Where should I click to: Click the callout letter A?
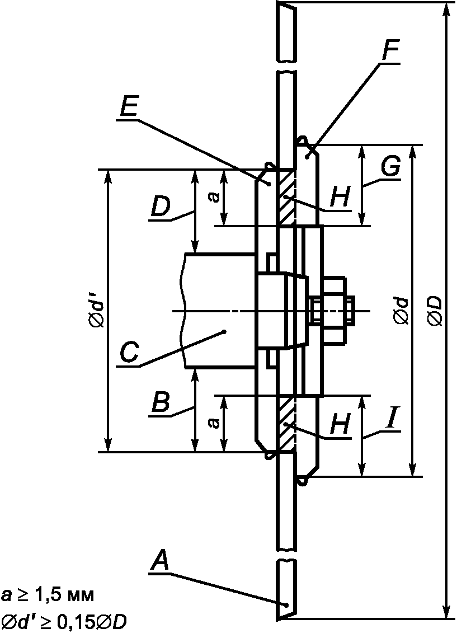pos(159,561)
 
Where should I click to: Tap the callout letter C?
pos(130,352)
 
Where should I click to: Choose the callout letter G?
pos(391,167)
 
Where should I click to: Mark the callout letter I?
pos(392,419)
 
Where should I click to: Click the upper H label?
pos(340,198)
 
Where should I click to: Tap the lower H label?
pos(340,425)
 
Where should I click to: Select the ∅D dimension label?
pos(435,311)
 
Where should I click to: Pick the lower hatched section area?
pos(286,424)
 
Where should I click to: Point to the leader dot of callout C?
pos(225,332)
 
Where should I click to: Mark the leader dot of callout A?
pos(287,604)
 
